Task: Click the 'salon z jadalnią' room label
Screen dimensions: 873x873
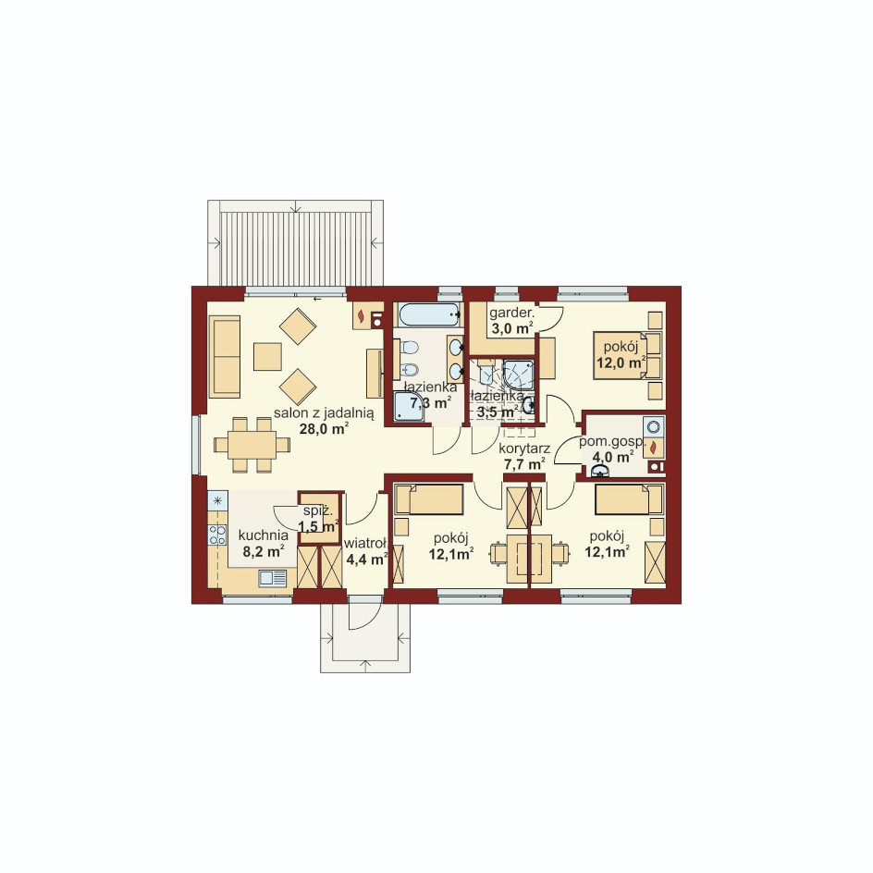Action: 324,413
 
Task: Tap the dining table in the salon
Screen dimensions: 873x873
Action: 252,445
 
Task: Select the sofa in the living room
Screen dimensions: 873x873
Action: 225,356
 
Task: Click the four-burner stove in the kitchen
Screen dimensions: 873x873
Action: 217,535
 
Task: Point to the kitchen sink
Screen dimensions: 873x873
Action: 273,579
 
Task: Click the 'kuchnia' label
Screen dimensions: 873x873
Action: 264,535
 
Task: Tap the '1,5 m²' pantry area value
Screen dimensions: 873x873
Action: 318,526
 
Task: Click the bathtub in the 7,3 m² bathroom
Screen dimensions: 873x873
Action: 427,315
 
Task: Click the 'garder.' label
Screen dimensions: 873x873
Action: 511,313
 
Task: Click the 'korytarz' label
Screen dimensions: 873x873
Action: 524,449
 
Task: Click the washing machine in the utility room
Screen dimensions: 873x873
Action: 654,427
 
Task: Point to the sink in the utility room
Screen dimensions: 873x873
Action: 600,472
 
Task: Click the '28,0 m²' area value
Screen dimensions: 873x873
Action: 324,429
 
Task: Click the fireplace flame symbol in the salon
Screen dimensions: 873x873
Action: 362,316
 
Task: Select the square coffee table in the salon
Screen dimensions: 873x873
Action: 267,357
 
